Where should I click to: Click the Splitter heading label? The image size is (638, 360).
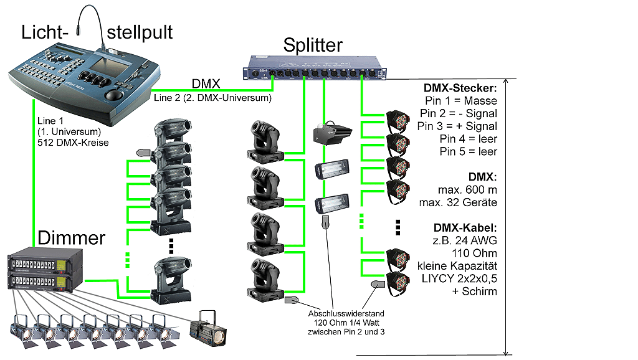[x=313, y=45]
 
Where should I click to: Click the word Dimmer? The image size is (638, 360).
[x=72, y=237]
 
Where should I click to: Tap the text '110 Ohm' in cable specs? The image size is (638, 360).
[x=477, y=253]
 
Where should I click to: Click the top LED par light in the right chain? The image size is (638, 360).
[x=396, y=120]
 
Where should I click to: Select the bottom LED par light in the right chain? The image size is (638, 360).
[x=396, y=283]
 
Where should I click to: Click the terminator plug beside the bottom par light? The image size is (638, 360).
[x=376, y=284]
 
